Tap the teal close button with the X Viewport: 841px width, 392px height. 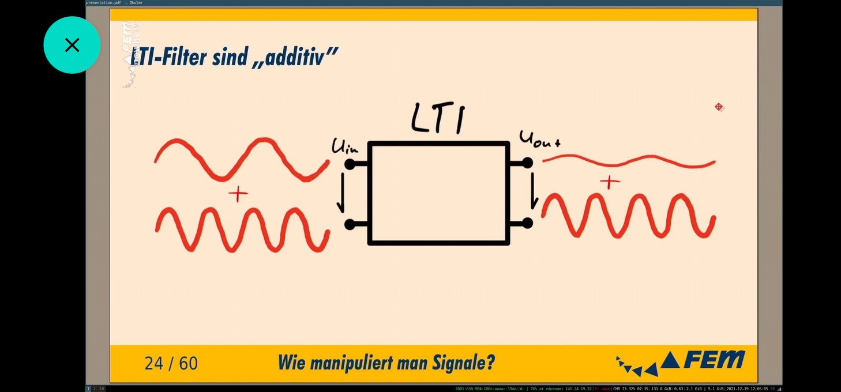tap(72, 45)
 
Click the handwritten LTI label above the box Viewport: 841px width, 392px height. tap(438, 119)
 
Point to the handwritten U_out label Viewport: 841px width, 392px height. tap(539, 139)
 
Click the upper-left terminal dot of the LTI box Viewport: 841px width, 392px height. tap(350, 165)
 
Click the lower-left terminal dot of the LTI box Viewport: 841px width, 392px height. tap(350, 224)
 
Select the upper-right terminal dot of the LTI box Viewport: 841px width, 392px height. tap(527, 163)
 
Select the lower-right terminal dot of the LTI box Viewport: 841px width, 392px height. tap(527, 223)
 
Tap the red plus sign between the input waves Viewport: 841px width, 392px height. tap(238, 194)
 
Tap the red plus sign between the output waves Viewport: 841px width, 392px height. tap(609, 183)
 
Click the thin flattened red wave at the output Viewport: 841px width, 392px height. tap(629, 161)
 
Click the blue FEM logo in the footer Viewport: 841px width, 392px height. tap(703, 361)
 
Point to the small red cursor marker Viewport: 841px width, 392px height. tap(719, 107)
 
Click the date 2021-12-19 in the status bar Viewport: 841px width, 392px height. tap(739, 389)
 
